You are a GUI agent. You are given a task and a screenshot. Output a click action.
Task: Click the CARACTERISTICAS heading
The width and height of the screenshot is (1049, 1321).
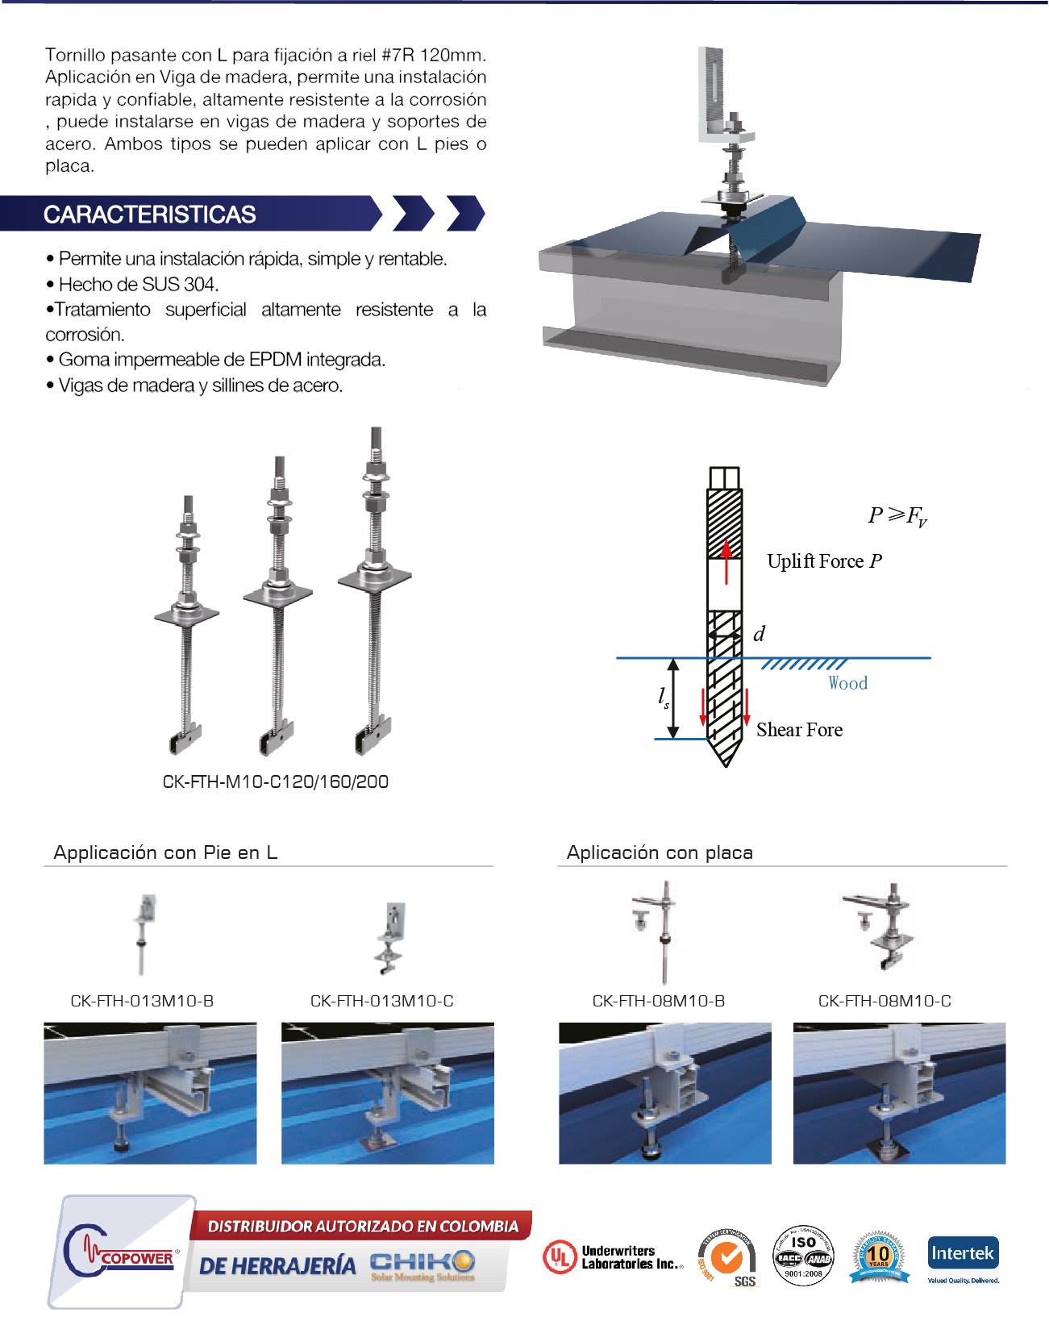150,215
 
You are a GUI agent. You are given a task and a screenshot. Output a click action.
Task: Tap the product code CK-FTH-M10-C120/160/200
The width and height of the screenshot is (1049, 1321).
275,781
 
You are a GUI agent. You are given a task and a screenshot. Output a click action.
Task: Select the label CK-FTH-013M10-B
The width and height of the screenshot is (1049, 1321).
142,1001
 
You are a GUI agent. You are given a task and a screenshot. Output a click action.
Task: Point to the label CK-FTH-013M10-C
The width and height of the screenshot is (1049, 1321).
381,1001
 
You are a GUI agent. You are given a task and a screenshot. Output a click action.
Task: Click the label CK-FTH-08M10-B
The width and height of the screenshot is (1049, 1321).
658,1001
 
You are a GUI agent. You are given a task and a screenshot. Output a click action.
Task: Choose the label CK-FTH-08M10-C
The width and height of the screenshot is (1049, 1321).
885,1001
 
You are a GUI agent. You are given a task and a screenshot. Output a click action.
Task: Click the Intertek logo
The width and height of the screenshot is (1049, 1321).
963,1256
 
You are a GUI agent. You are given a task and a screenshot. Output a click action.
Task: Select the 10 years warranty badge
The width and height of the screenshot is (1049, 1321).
878,1256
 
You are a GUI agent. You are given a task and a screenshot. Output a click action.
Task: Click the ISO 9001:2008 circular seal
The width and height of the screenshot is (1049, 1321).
803,1255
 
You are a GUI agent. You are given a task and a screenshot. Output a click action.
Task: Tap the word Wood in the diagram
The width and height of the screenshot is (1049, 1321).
847,683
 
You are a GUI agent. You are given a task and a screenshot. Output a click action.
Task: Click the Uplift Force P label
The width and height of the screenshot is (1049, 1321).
824,561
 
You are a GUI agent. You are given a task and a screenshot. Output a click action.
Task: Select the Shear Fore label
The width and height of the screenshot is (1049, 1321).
799,730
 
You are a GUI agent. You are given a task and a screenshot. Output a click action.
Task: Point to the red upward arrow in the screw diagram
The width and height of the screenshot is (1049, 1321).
726,561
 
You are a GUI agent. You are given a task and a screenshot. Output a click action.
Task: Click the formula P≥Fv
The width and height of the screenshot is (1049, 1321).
897,515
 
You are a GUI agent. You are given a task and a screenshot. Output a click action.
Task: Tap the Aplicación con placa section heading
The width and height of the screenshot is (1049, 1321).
660,852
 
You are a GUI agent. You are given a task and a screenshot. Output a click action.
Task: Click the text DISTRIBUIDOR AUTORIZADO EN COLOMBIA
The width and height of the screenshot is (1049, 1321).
363,1227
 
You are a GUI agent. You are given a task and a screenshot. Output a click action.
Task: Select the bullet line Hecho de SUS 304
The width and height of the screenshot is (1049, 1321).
138,284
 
